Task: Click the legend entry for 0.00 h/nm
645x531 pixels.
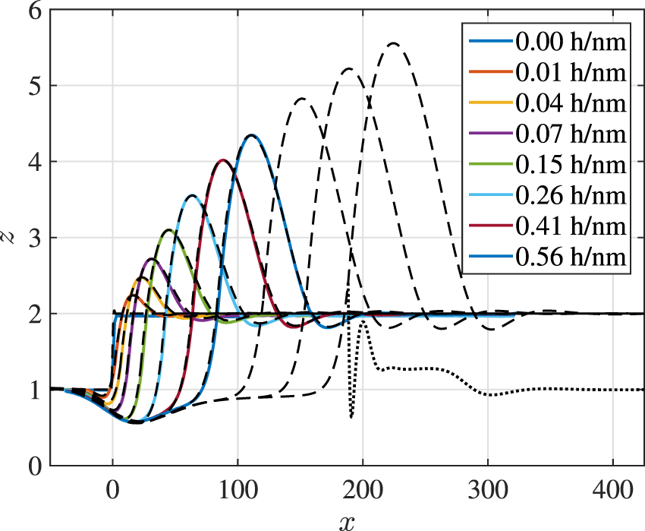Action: tap(571, 43)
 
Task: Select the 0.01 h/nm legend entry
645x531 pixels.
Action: tap(571, 74)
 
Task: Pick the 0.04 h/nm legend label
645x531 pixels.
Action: tap(571, 104)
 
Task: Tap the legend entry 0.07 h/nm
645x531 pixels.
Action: tap(571, 134)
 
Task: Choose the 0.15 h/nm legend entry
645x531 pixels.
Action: tap(571, 165)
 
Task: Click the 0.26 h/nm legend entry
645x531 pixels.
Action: tap(571, 195)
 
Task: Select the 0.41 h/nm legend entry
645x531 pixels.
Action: tap(571, 226)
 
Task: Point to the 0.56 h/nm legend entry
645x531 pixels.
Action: tap(571, 256)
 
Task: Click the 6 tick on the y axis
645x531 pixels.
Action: tap(31, 11)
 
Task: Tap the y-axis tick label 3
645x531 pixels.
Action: tap(31, 238)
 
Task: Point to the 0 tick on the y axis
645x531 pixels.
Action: tap(31, 465)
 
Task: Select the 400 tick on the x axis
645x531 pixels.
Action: tap(612, 486)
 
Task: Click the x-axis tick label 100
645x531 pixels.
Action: tap(238, 486)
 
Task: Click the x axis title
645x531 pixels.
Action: tap(347, 520)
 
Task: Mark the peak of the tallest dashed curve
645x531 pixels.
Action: tap(393, 43)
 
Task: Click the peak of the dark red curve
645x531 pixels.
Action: tap(222, 160)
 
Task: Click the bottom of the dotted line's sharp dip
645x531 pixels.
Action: tap(351, 417)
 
